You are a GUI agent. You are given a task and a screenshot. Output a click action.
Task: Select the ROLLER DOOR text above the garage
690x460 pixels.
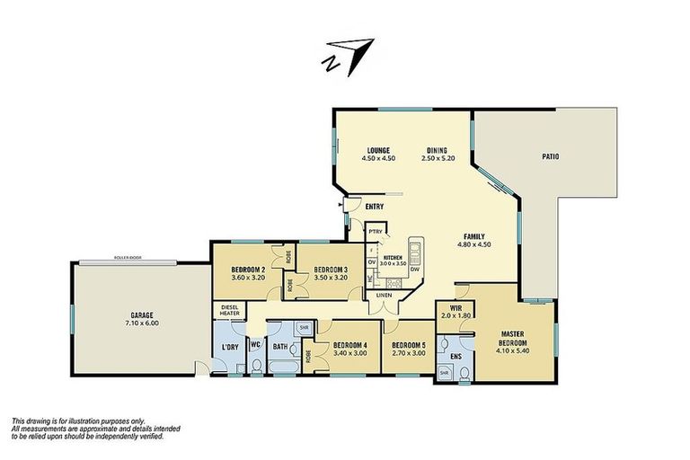(x=128, y=258)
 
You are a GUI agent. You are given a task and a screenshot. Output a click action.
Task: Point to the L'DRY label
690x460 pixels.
(x=228, y=349)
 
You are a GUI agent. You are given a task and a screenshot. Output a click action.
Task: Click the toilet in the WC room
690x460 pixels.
(x=256, y=365)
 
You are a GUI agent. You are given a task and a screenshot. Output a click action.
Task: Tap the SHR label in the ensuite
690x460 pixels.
(x=444, y=371)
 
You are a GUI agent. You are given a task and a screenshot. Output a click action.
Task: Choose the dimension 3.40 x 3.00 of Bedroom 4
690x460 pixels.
(x=349, y=354)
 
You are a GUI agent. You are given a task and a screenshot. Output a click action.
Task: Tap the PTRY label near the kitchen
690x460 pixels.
(x=376, y=233)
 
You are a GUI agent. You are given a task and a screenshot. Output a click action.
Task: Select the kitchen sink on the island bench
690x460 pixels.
(x=415, y=248)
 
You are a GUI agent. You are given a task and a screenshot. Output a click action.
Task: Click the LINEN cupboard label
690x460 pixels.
(x=385, y=295)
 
